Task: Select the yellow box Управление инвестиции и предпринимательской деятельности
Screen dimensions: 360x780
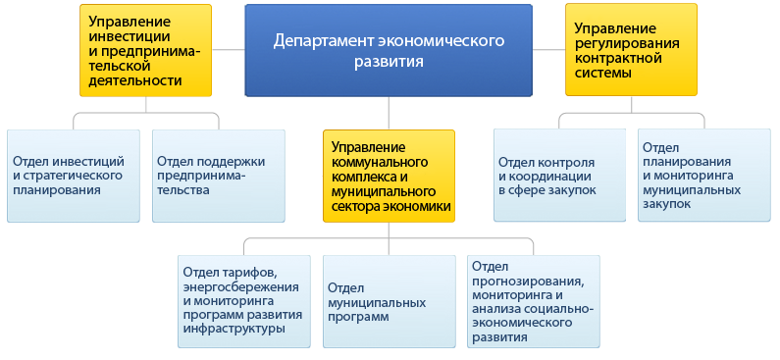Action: pos(147,51)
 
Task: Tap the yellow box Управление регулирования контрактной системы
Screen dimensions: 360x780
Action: pos(631,50)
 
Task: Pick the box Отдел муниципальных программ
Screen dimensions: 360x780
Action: pos(390,301)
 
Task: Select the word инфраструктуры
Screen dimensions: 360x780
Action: pos(234,329)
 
